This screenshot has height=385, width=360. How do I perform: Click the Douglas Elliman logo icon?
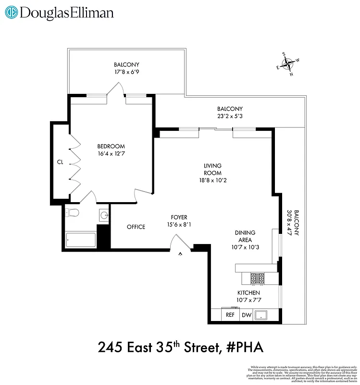tap(12, 13)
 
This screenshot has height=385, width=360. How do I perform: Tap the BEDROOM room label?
tap(111, 147)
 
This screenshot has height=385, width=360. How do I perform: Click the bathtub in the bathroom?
tap(80, 239)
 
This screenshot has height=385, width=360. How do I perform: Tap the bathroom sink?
tap(104, 215)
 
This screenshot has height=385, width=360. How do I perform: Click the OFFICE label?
tap(136, 227)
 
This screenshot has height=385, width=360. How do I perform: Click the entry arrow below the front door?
tap(181, 254)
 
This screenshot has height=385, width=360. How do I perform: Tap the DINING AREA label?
tap(245, 236)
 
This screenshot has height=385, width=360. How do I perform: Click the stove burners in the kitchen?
tap(258, 278)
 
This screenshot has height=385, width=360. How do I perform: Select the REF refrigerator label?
tap(230, 316)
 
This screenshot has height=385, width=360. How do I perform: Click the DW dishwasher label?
tap(247, 316)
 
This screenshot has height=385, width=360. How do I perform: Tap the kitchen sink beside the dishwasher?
tap(261, 316)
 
